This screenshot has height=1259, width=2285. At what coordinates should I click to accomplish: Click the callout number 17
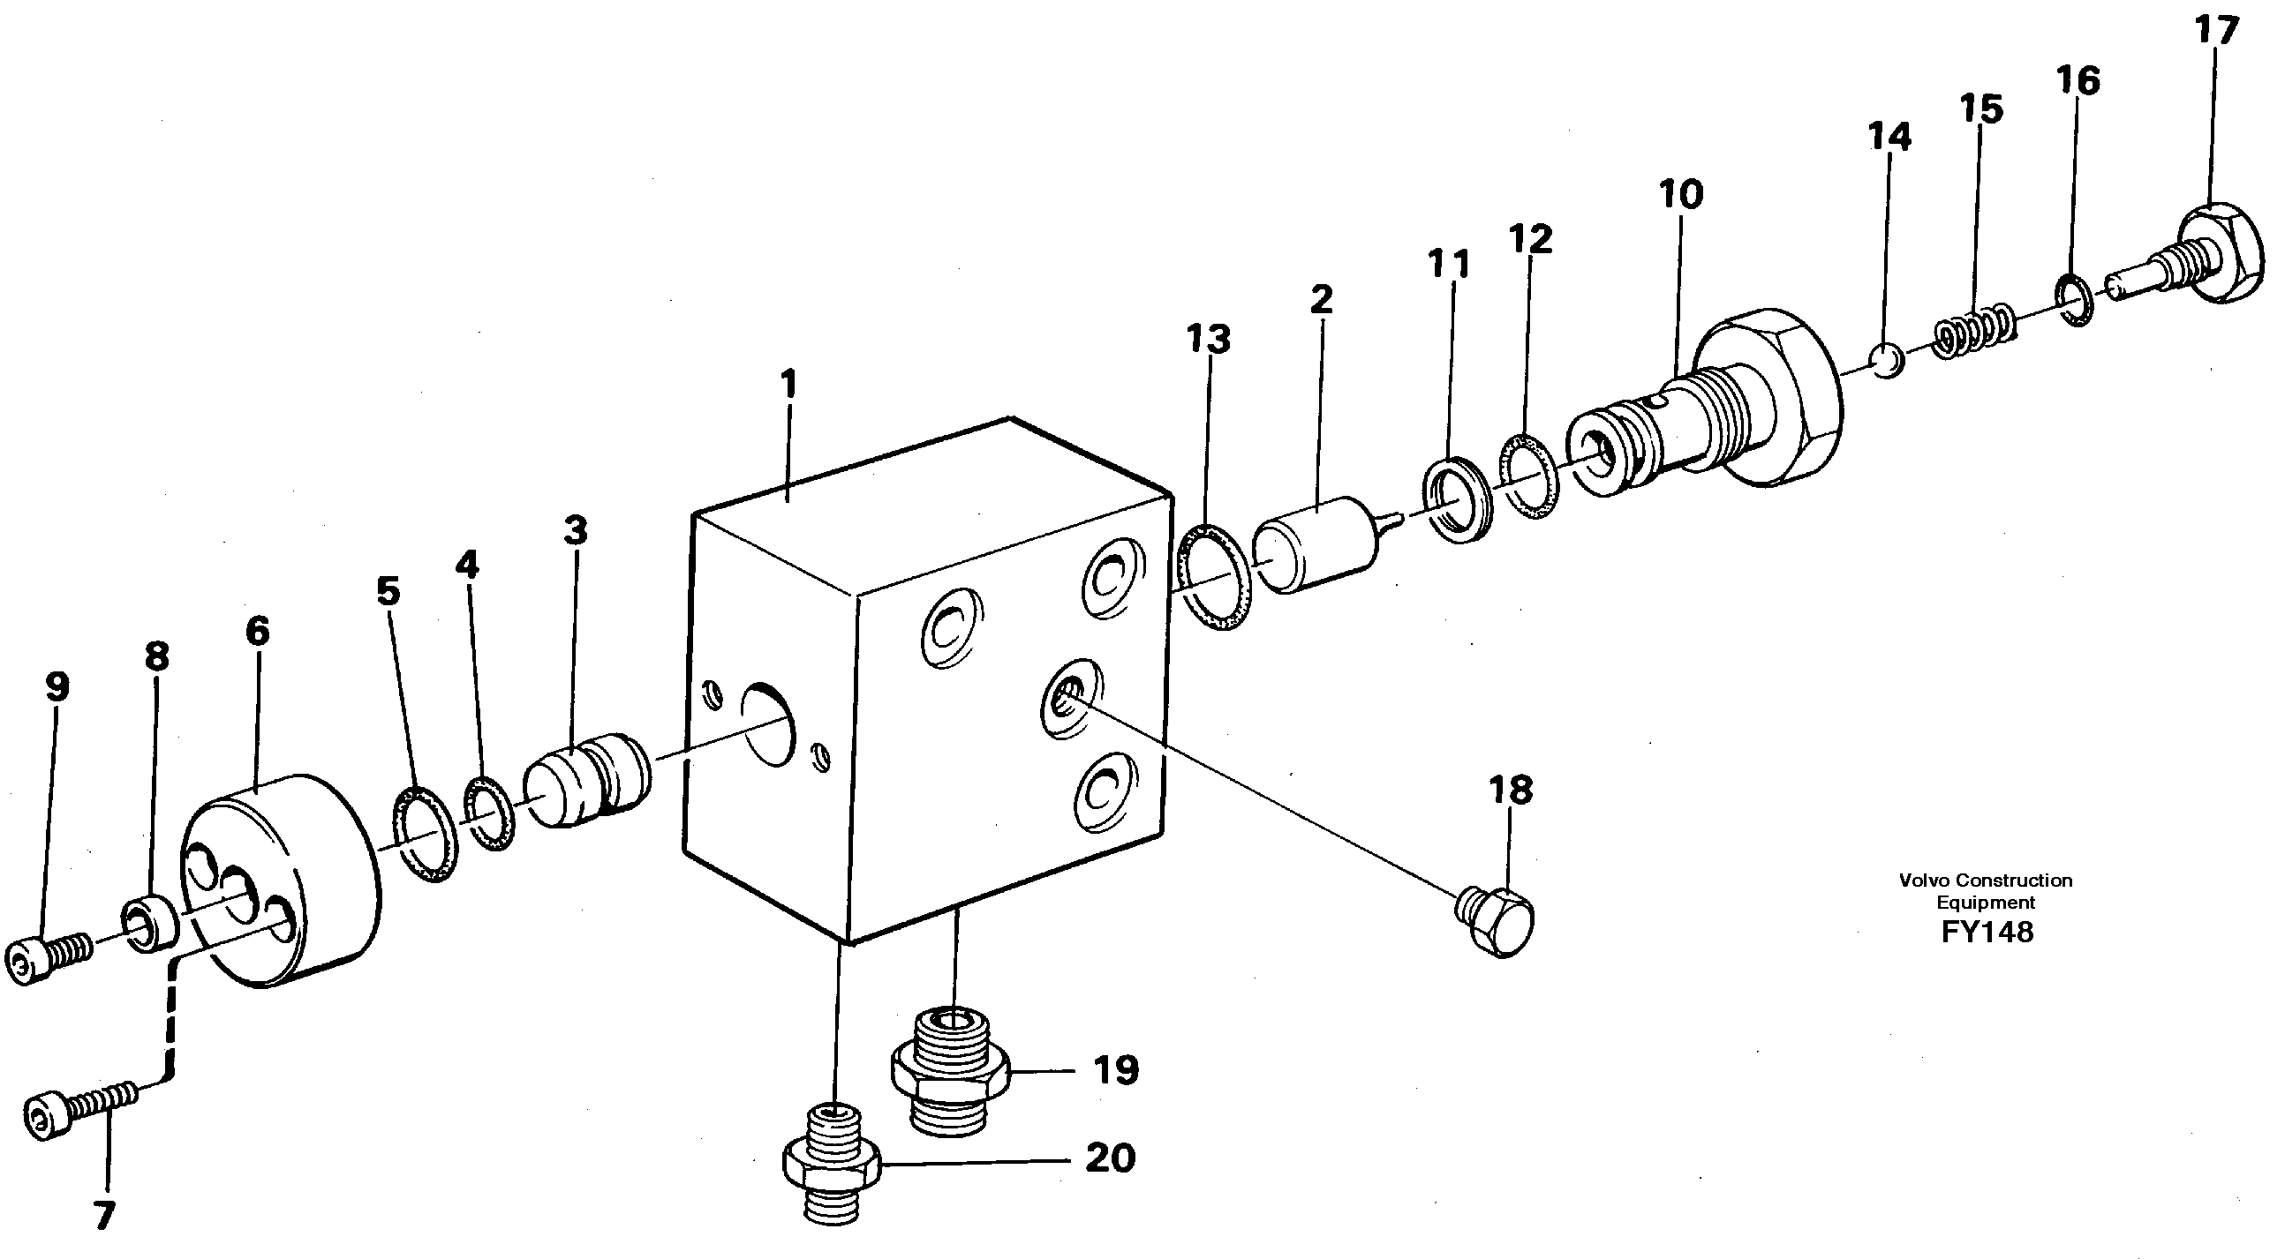(2217, 32)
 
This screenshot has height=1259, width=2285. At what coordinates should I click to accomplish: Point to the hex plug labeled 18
(1498, 918)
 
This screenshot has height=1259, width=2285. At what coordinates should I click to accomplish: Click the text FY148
(1986, 932)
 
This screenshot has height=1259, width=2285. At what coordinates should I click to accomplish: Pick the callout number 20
(1110, 1158)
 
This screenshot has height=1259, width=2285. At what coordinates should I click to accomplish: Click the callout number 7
(105, 1216)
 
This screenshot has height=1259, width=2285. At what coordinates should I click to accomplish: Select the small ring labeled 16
(2074, 302)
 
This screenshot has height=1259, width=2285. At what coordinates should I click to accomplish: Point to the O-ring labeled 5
(425, 832)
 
